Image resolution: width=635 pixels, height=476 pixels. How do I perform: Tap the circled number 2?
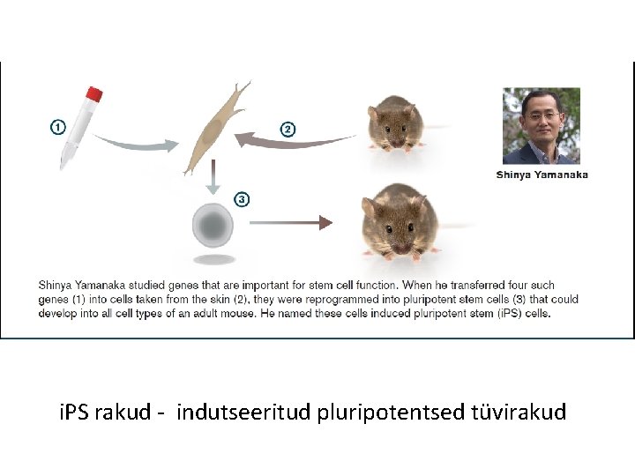pos(288,130)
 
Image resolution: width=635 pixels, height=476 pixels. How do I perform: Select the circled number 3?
pos(241,199)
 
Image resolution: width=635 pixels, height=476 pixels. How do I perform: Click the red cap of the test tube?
pos(93,94)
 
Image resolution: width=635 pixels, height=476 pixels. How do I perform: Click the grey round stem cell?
pos(213,227)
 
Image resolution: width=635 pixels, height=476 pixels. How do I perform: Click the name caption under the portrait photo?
pos(542,175)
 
